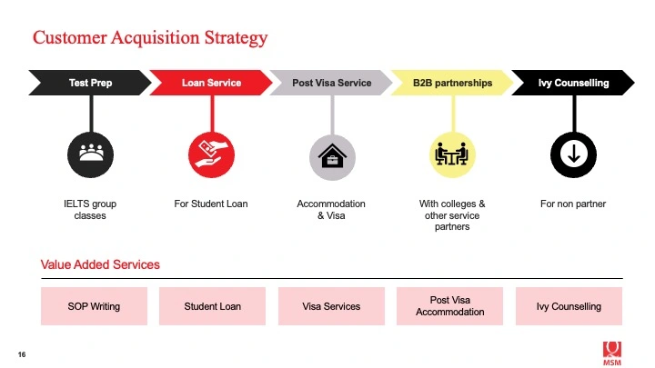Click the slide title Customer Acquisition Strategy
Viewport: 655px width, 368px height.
click(150, 38)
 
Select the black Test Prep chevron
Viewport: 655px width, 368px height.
click(90, 83)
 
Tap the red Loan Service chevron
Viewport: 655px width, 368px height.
click(211, 83)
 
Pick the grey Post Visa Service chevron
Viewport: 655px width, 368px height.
click(331, 83)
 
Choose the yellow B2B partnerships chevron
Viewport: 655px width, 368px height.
click(452, 83)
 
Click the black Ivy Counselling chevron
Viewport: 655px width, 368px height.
click(573, 83)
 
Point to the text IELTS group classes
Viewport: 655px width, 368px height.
click(90, 210)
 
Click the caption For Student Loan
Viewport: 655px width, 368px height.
click(211, 204)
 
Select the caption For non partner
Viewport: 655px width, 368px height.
click(573, 204)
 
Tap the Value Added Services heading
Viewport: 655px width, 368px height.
click(100, 264)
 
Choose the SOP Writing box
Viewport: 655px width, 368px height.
click(94, 306)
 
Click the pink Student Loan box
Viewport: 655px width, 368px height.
click(212, 306)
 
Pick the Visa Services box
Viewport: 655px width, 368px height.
click(331, 306)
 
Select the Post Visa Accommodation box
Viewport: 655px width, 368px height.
click(450, 306)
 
